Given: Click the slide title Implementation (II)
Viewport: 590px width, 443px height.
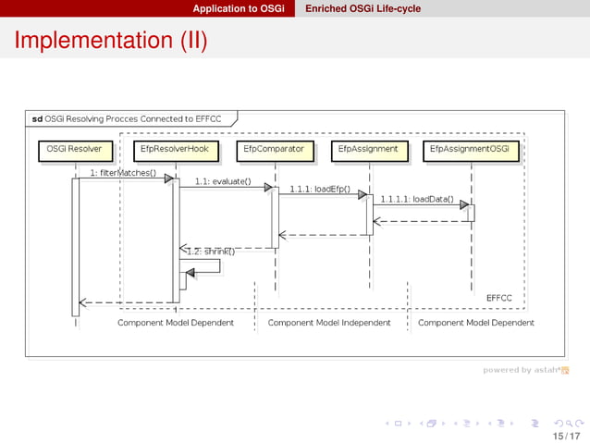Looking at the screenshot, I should pos(110,41).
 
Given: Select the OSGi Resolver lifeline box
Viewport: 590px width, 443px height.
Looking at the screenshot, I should pos(74,149).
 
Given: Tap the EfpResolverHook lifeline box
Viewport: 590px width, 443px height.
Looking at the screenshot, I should pos(175,149).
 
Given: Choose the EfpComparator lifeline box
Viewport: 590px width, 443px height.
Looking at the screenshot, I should pos(274,149).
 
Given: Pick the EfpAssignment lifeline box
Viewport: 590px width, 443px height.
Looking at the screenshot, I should pos(368,149).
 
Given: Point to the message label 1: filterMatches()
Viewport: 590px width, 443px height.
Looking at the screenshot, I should pos(122,173).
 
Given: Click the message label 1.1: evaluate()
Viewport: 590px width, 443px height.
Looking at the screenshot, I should pos(222,181).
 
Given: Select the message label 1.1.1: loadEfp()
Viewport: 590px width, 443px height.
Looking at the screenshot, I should pos(319,190).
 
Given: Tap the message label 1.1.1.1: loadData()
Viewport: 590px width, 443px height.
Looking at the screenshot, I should pos(417,198).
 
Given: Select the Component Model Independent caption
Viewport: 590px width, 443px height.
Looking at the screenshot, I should pos(329,323).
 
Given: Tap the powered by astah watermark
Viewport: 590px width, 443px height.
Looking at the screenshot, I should pos(524,370).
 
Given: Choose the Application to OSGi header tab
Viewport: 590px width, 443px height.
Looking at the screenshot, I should pos(238,8).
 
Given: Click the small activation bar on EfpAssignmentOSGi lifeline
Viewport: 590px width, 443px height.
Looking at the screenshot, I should pos(471,213).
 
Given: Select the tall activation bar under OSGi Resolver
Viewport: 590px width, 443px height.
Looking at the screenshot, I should pos(76,246).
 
